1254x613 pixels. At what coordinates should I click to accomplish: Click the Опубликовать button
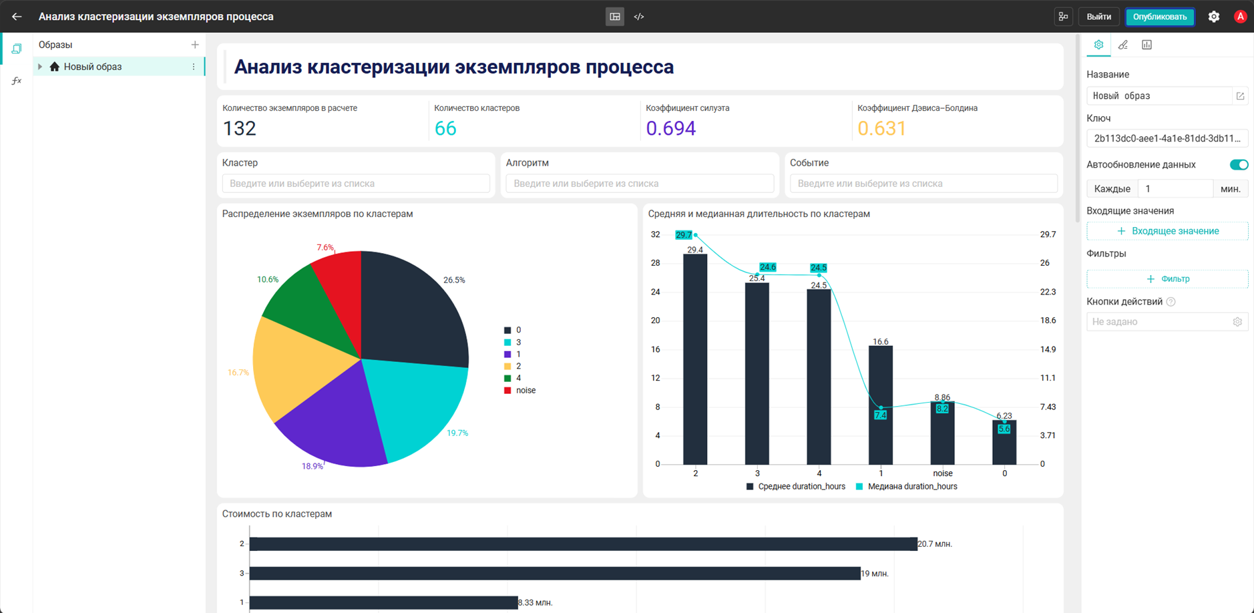1159,17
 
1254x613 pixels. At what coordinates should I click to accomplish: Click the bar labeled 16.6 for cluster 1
881,405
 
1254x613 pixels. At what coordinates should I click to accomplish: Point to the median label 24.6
768,267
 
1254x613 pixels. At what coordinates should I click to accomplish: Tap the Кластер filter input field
356,184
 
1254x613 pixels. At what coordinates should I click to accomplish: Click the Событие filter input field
923,184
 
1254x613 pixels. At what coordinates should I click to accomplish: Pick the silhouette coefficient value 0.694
670,128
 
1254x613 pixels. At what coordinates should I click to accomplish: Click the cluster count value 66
445,128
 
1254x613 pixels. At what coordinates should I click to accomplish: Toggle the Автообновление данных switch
1239,165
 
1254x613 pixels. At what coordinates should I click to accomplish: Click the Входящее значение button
1167,231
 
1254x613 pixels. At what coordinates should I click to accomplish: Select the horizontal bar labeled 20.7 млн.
583,544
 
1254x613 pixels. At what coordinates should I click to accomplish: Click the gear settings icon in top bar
1214,17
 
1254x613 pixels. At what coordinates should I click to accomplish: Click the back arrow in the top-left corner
17,17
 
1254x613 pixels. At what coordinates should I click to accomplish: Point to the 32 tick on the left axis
655,234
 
